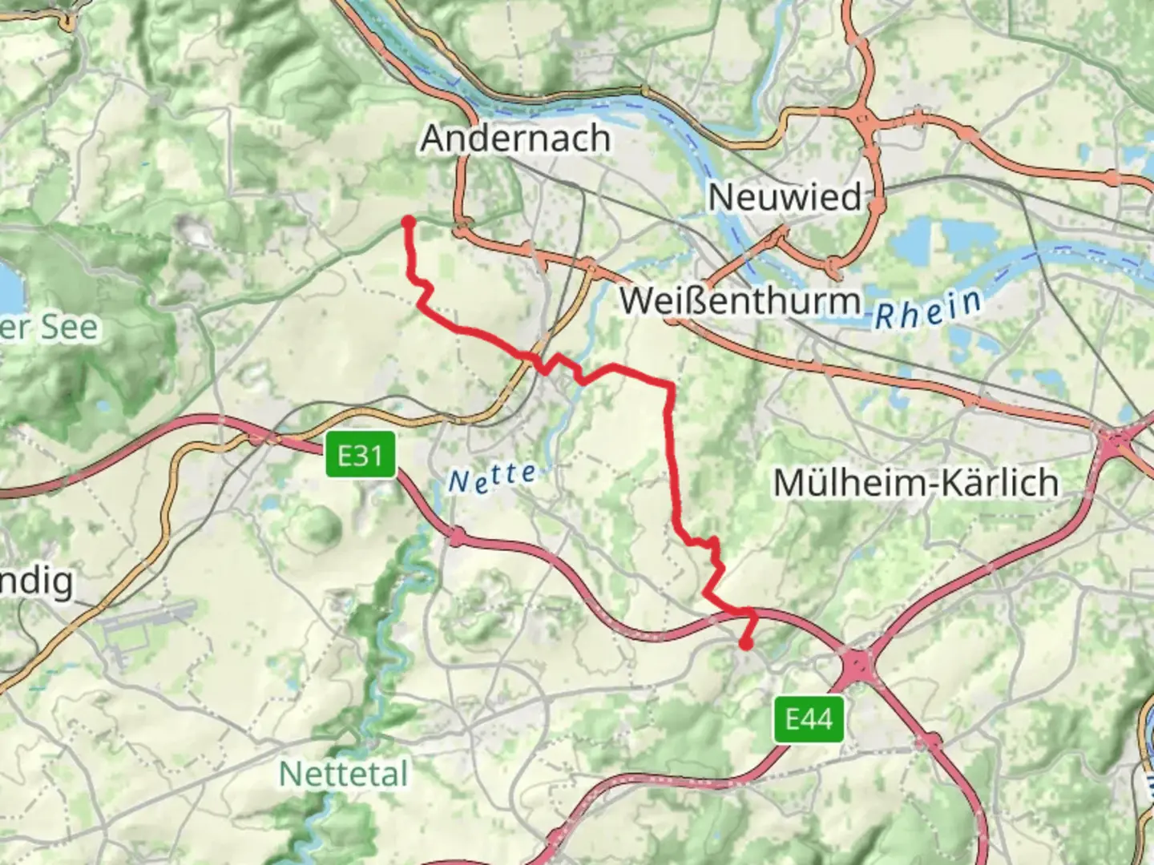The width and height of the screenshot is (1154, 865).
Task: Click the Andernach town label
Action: [515, 139]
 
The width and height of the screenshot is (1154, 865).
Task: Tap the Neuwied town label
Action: [785, 197]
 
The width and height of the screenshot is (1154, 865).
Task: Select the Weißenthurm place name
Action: [740, 301]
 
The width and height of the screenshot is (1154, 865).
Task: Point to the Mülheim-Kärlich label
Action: [916, 483]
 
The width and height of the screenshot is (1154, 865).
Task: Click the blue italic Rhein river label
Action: [927, 309]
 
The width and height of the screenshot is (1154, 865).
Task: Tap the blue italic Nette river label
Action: [492, 478]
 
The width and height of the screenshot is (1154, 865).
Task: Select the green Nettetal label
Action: [343, 774]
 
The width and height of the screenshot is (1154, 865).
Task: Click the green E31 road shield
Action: [361, 456]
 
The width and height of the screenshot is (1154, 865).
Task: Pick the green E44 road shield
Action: [809, 718]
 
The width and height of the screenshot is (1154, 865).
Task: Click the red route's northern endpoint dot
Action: [408, 222]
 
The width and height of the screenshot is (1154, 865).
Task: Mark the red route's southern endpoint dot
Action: [746, 643]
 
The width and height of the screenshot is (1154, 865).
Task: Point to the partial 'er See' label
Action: [48, 328]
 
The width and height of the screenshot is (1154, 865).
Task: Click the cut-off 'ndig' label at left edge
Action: [36, 582]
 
